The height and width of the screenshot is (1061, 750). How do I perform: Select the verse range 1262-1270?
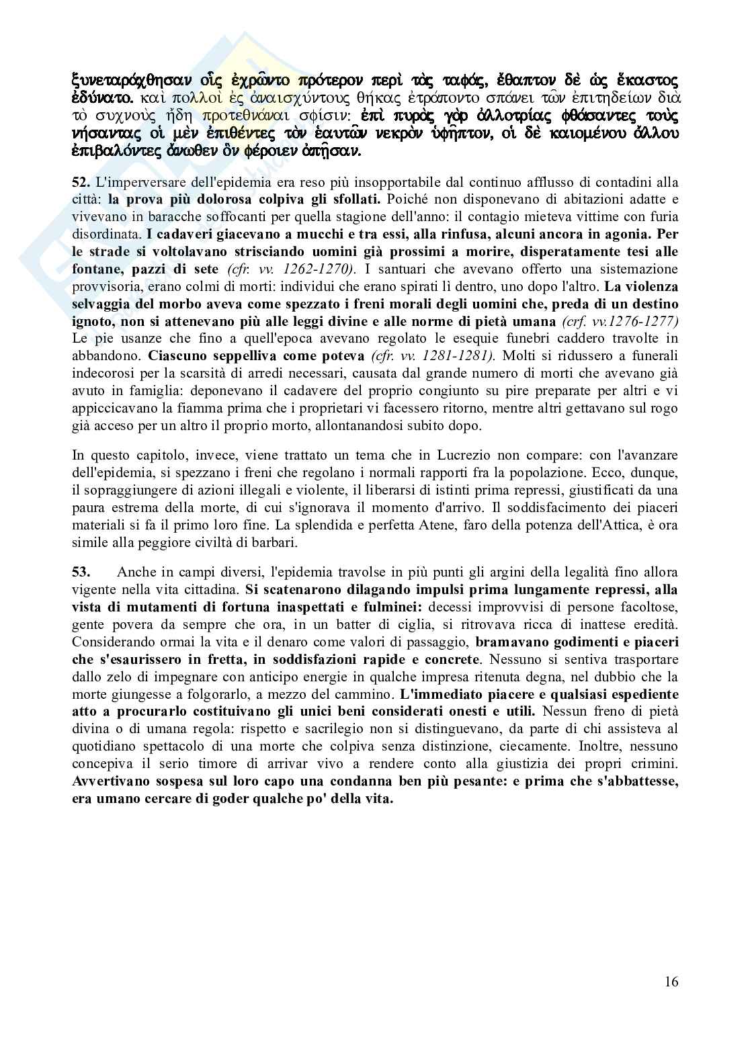point(318,269)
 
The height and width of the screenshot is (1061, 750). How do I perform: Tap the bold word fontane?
point(97,269)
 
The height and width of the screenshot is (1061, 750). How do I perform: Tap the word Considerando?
point(111,642)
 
